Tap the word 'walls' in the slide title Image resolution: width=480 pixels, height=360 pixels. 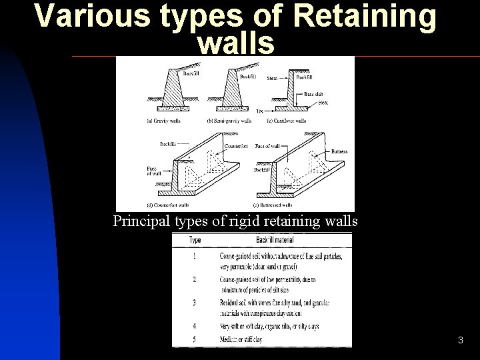[236, 44]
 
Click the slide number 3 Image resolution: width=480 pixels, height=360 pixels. [461, 341]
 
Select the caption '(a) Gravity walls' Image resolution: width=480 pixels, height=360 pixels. [163, 121]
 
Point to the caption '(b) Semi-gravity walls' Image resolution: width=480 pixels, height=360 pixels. [230, 121]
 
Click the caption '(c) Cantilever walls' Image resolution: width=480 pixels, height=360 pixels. [286, 121]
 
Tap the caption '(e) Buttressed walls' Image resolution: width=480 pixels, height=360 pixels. [273, 205]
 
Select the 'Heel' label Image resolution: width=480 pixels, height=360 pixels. [323, 102]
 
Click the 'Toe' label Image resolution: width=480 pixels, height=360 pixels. [260, 111]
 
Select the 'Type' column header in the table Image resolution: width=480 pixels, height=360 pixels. [196, 239]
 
